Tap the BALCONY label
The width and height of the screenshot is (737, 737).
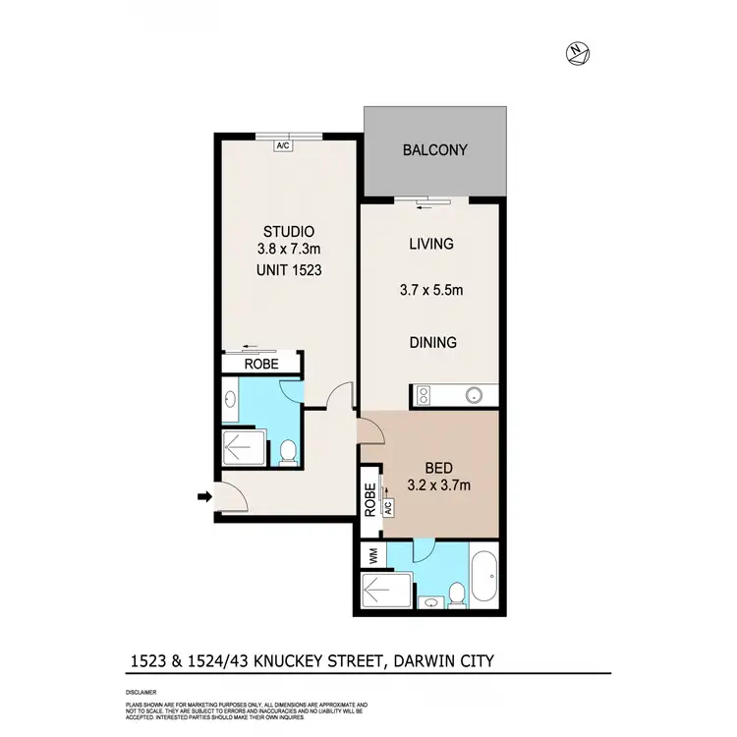(x=434, y=151)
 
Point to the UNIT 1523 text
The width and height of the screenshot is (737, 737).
(x=285, y=269)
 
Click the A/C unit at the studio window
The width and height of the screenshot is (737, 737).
(x=283, y=145)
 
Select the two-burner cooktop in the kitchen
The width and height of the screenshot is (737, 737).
(x=424, y=396)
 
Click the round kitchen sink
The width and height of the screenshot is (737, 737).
(x=475, y=396)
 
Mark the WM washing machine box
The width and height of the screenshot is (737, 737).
(x=372, y=556)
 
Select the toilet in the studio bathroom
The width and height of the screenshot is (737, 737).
(x=288, y=451)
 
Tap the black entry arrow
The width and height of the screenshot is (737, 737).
(x=204, y=498)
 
